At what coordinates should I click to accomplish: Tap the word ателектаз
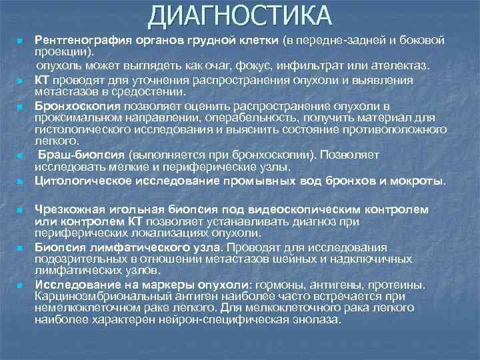(x=403, y=67)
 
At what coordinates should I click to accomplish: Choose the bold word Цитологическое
(x=81, y=181)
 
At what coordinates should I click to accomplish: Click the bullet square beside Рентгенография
(x=20, y=42)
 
